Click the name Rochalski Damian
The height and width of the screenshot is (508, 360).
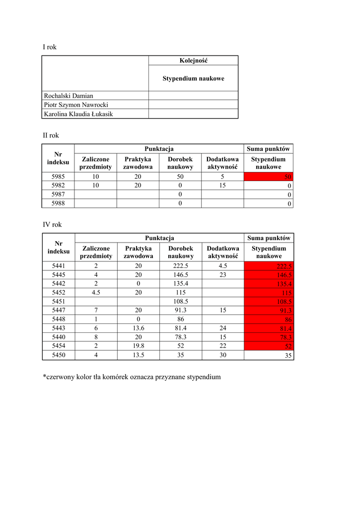[69, 96]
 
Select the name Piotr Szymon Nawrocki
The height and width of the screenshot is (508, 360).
[76, 105]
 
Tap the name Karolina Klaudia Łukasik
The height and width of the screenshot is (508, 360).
[78, 114]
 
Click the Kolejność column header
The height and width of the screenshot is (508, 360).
[193, 61]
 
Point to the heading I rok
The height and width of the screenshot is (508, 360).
[50, 47]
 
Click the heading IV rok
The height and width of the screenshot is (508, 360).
[52, 224]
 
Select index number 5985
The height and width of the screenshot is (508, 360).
[59, 177]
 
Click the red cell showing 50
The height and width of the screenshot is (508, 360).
[268, 177]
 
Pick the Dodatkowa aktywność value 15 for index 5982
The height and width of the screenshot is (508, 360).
[222, 186]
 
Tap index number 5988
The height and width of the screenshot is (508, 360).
[59, 203]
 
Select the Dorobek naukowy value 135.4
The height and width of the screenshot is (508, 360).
[181, 284]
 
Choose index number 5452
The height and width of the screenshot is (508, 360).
[59, 293]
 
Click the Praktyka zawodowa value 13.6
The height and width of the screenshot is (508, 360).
[139, 328]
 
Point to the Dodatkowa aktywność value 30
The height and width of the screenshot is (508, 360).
[223, 355]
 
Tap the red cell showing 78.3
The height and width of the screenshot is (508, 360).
[269, 337]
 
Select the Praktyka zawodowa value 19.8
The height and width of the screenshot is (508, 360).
[139, 346]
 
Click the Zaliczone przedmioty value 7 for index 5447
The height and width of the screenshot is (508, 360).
[96, 311]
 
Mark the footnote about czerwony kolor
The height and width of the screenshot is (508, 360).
[132, 377]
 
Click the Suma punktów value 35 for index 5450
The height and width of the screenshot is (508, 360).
[269, 356]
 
